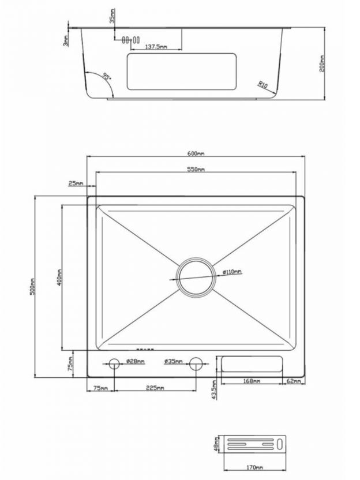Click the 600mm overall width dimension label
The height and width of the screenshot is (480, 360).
(x=196, y=153)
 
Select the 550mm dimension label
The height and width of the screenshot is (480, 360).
(x=196, y=169)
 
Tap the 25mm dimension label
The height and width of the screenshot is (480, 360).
(x=76, y=183)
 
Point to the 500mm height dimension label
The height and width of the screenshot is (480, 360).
(x=32, y=287)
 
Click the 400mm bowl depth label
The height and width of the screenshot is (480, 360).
(x=59, y=277)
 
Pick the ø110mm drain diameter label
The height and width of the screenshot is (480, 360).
(x=232, y=271)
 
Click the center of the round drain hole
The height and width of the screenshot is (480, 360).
(x=196, y=277)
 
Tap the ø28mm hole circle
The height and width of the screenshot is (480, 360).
(x=114, y=363)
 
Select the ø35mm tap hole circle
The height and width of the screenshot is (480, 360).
(x=196, y=363)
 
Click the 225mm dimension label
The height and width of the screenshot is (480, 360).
(x=155, y=388)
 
